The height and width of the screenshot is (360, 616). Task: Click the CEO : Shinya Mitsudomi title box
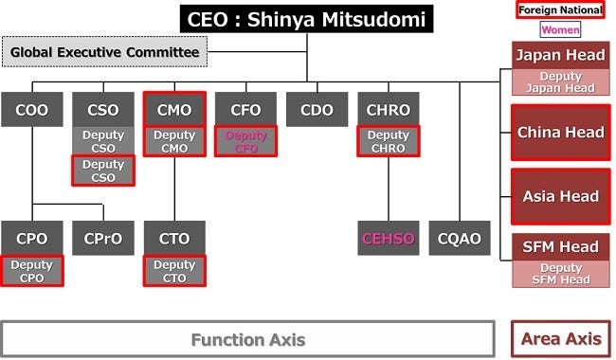point(307,18)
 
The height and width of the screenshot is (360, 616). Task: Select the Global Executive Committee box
point(105,52)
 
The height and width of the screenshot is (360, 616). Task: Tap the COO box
point(32,110)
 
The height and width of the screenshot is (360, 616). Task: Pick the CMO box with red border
point(174,110)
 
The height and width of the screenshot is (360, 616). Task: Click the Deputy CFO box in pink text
point(245,141)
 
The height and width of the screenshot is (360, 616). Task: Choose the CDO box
point(317,110)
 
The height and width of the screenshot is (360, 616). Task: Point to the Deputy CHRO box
point(388,141)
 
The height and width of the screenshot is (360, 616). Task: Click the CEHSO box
point(388,239)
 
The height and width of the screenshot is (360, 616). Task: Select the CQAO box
point(460,239)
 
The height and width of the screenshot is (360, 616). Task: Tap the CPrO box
point(103,239)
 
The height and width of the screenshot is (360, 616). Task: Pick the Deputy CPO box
point(32,271)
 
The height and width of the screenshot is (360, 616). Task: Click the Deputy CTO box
point(174,271)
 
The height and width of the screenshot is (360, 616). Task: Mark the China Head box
point(560,133)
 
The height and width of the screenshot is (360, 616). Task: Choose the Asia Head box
point(560,197)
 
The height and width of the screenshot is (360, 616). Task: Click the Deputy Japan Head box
point(560,82)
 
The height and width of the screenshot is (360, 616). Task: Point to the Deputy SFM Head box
point(560,274)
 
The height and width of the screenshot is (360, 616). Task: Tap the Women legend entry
point(560,29)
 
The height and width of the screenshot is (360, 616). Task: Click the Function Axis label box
point(247,339)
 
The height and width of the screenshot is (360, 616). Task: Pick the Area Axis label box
point(560,339)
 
